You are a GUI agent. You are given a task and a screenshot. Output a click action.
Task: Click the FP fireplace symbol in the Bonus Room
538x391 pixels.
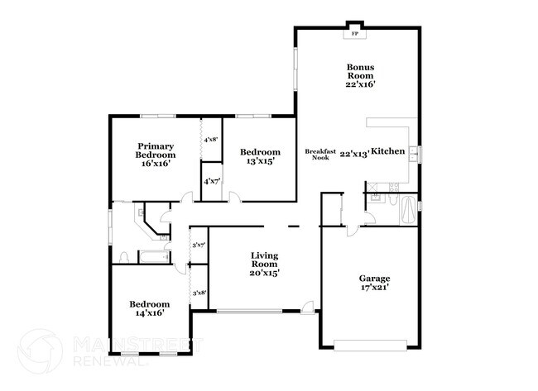pyautogui.click(x=355, y=34)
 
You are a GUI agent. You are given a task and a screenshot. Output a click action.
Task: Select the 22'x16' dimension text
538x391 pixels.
pyautogui.click(x=361, y=84)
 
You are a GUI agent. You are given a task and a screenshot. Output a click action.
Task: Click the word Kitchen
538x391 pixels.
pyautogui.click(x=387, y=151)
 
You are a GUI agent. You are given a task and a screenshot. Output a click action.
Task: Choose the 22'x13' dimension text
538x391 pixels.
pyautogui.click(x=354, y=152)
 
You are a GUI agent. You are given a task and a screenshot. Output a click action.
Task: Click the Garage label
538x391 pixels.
pyautogui.click(x=374, y=278)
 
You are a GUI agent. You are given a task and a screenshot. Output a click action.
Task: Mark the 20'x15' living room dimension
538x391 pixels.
pyautogui.click(x=266, y=273)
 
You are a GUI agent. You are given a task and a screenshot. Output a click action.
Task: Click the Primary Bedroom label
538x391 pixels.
pyautogui.click(x=156, y=150)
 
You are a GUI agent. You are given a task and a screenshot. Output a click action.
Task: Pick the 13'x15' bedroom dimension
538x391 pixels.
pyautogui.click(x=260, y=161)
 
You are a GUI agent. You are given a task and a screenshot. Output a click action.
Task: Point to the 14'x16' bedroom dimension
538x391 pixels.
pyautogui.click(x=150, y=313)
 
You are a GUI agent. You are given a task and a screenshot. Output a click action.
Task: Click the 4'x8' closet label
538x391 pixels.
pyautogui.click(x=210, y=141)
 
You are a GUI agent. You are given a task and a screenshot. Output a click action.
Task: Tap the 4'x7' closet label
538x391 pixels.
pyautogui.click(x=210, y=180)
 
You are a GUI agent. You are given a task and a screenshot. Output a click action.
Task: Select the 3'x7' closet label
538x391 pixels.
pyautogui.click(x=199, y=245)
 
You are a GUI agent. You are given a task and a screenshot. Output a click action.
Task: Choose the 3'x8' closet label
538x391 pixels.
pyautogui.click(x=199, y=293)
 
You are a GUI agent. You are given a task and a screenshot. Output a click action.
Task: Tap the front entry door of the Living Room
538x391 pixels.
pyautogui.click(x=308, y=310)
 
